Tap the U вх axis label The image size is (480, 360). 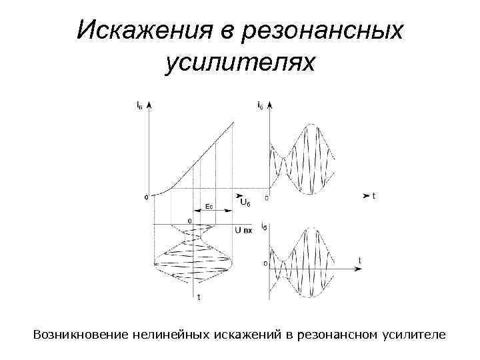pyautogui.click(x=243, y=230)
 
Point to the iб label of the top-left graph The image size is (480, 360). pyautogui.click(x=138, y=104)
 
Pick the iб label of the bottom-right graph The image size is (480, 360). pyautogui.click(x=265, y=227)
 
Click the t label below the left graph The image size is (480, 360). pyautogui.click(x=197, y=298)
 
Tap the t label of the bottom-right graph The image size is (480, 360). pyautogui.click(x=360, y=260)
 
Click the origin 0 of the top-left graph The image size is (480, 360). pyautogui.click(x=145, y=198)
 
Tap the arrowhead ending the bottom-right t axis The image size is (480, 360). pyautogui.click(x=360, y=269)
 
